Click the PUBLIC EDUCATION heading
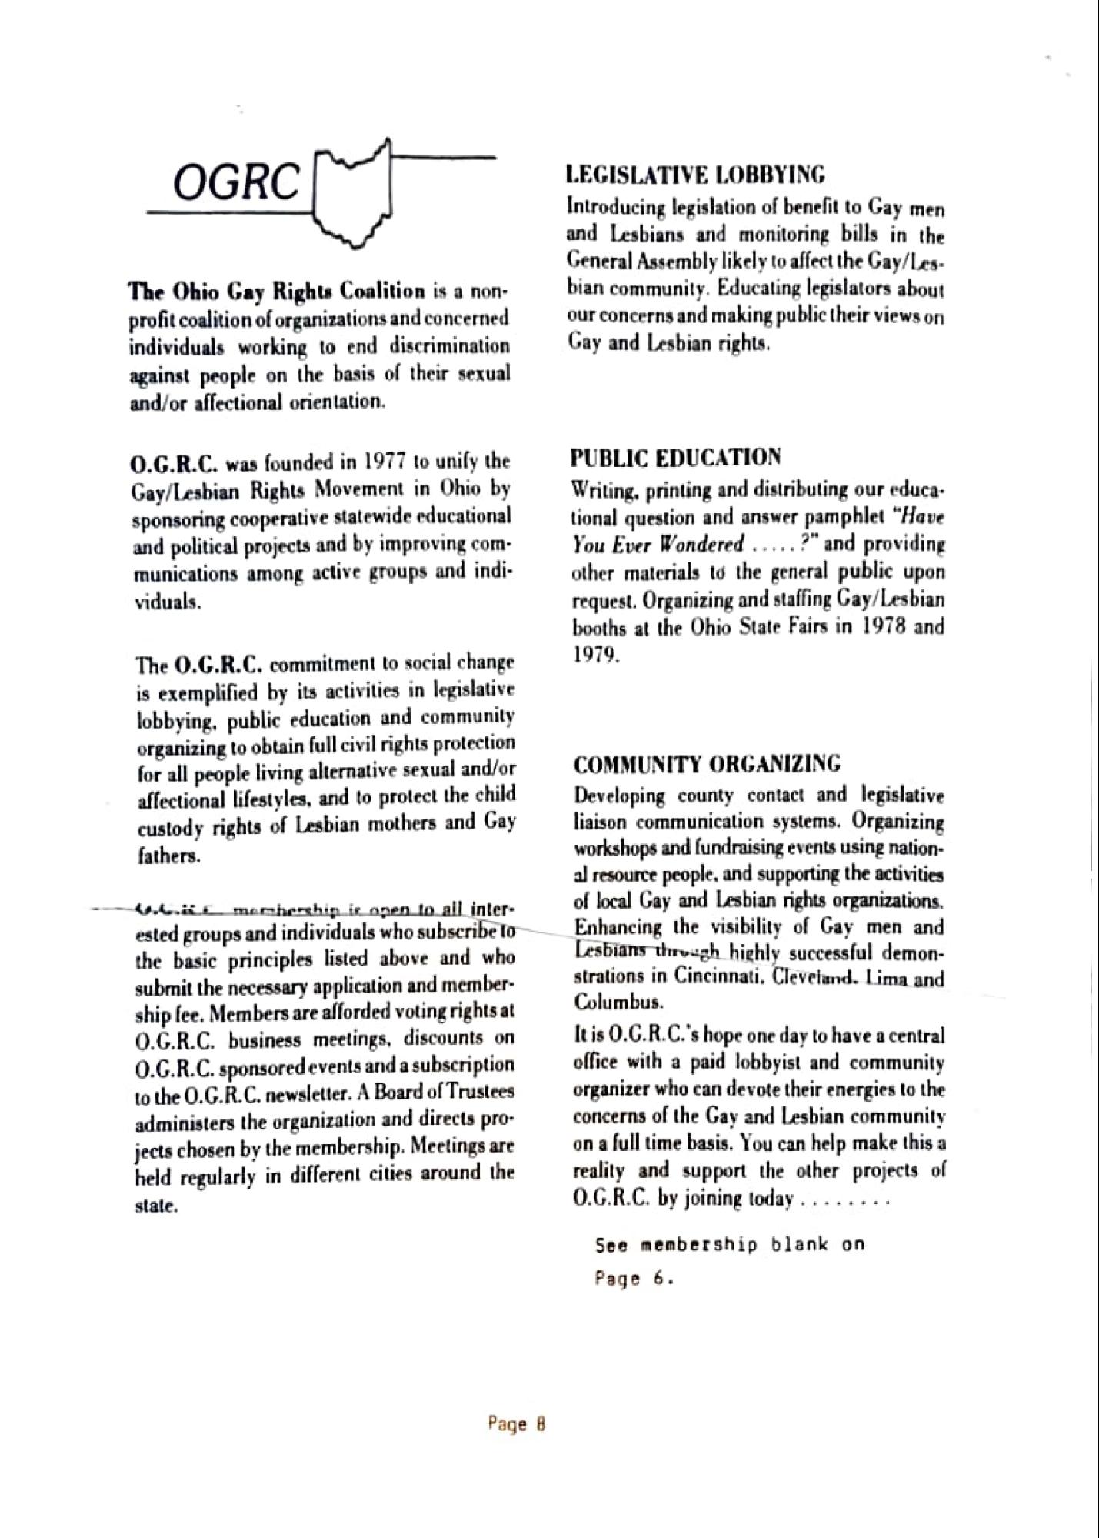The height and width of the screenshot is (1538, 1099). [675, 459]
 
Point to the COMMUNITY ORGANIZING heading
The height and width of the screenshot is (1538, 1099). [708, 765]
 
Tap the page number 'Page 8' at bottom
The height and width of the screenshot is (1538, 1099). [517, 1423]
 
